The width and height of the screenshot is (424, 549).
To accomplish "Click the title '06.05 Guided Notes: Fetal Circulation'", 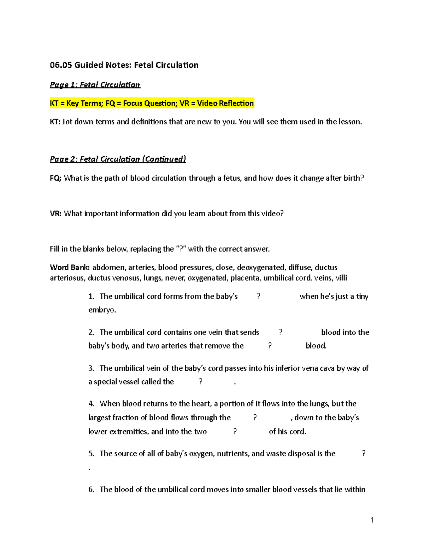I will [124, 65].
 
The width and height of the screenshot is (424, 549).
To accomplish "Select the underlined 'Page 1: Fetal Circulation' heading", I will [95, 85].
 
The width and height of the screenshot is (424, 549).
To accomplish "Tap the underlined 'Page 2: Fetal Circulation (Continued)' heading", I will [118, 159].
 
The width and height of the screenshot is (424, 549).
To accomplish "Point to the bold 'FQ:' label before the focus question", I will [55, 178].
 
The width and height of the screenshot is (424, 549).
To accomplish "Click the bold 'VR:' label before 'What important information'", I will [55, 214].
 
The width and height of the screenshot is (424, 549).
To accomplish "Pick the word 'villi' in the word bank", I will [341, 278].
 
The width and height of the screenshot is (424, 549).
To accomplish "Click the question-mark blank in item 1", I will [258, 296].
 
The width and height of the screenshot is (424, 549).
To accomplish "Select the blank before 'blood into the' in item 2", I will [280, 332].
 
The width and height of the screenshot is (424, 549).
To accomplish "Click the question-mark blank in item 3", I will [200, 382].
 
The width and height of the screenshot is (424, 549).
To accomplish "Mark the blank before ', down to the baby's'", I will [255, 417].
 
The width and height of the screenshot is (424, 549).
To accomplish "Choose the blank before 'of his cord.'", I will [235, 432].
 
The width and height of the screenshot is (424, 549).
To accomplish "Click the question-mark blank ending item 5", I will [364, 454].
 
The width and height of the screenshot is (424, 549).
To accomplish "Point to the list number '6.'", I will [91, 490].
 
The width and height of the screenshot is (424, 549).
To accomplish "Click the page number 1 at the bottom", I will [372, 520].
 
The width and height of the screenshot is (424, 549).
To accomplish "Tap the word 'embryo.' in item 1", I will [102, 310].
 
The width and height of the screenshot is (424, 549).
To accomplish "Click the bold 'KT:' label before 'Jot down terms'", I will [55, 122].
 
